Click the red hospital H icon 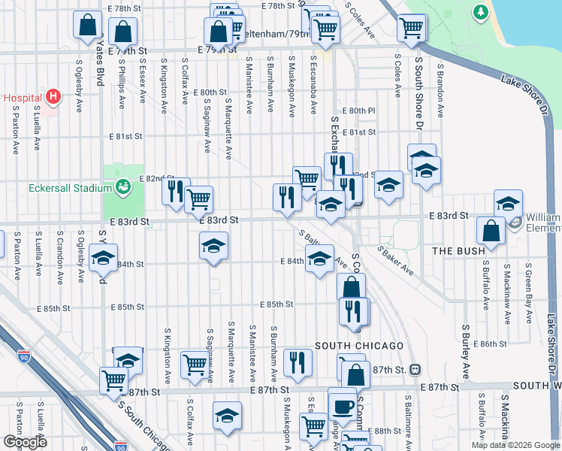coord(53,96)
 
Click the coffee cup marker coord(343,405)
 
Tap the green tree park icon coord(480,12)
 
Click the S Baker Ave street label coord(395,260)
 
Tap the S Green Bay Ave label coord(529,286)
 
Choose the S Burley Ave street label coord(466,351)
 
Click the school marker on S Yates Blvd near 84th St coord(103,258)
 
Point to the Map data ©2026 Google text coord(515,445)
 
